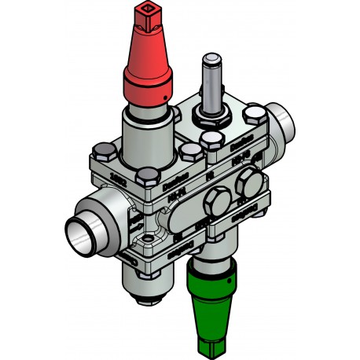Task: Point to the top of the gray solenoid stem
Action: (x=211, y=60)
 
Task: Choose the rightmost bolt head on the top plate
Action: (x=254, y=117)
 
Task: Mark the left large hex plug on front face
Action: (x=215, y=204)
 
